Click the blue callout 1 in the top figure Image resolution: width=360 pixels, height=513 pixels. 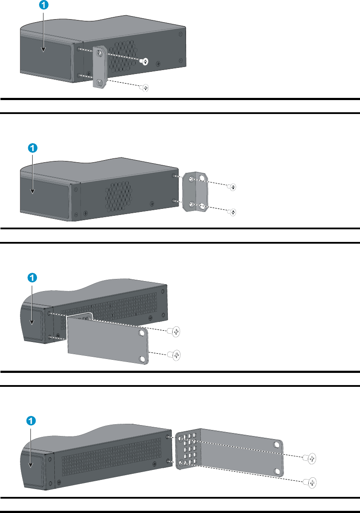[x=43, y=6]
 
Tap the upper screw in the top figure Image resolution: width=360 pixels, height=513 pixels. [x=146, y=61]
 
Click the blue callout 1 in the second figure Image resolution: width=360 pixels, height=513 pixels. [x=33, y=148]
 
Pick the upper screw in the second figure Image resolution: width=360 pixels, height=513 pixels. [x=233, y=187]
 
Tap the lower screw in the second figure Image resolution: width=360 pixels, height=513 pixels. [x=233, y=212]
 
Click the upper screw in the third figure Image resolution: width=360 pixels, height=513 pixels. [x=175, y=332]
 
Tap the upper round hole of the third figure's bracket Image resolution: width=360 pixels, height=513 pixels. [x=142, y=334]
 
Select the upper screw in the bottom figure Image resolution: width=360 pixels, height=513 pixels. [x=310, y=458]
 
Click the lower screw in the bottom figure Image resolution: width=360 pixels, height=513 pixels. [x=310, y=482]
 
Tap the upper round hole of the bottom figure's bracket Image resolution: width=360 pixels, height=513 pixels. [x=277, y=445]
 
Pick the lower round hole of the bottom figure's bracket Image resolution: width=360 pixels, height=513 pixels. [x=277, y=471]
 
